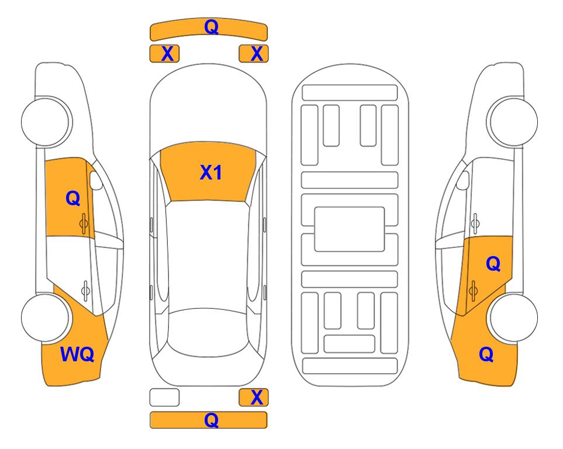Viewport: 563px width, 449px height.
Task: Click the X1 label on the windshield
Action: click(211, 172)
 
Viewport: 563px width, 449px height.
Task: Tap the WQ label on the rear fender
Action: click(77, 354)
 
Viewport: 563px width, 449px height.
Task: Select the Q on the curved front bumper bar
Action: click(212, 26)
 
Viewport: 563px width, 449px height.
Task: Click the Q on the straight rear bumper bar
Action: click(212, 420)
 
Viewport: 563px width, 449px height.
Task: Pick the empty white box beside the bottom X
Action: click(164, 398)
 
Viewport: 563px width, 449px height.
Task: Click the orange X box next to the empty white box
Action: click(254, 398)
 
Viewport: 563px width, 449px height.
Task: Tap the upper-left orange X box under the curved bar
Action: click(164, 54)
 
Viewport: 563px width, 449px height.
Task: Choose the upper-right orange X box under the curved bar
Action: click(254, 54)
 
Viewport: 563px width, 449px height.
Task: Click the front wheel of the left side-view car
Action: click(46, 122)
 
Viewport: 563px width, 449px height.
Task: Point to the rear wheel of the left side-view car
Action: click(46, 317)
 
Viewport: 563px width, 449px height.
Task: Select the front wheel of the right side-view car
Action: click(513, 122)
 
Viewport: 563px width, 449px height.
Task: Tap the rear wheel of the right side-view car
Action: click(513, 317)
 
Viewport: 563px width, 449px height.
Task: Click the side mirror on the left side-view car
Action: click(95, 180)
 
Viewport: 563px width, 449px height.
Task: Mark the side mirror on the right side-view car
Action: click(463, 180)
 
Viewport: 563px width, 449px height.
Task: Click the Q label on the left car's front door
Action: click(73, 198)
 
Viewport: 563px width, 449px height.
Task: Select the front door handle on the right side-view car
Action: click(475, 223)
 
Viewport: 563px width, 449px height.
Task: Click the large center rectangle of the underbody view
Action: click(350, 229)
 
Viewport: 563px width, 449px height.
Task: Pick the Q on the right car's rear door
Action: click(493, 264)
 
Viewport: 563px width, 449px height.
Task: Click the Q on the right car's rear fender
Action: click(486, 354)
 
